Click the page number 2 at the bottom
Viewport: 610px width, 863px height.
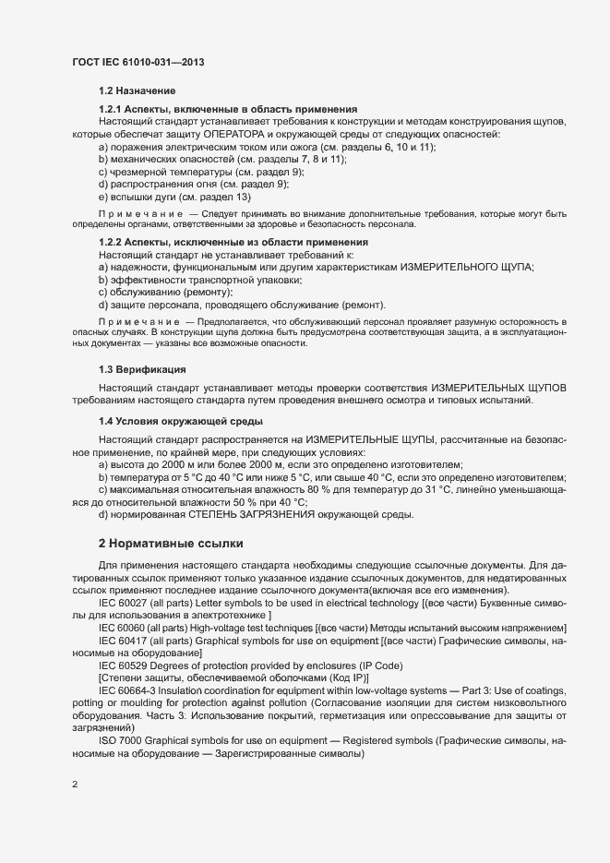[75, 785]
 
